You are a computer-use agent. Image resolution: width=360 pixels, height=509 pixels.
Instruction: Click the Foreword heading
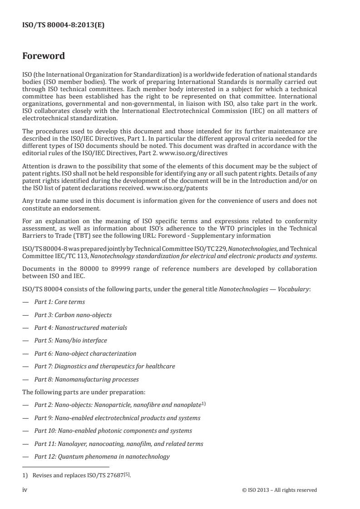coord(44,56)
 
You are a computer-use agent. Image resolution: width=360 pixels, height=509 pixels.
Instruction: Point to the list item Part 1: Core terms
coord(59,302)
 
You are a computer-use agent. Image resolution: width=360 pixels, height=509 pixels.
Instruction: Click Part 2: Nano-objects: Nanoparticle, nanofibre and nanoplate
coord(118,405)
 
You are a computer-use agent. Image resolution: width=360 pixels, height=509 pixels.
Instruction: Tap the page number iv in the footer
coord(25,490)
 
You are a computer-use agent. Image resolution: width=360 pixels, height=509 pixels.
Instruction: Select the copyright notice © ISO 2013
coord(280,490)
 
